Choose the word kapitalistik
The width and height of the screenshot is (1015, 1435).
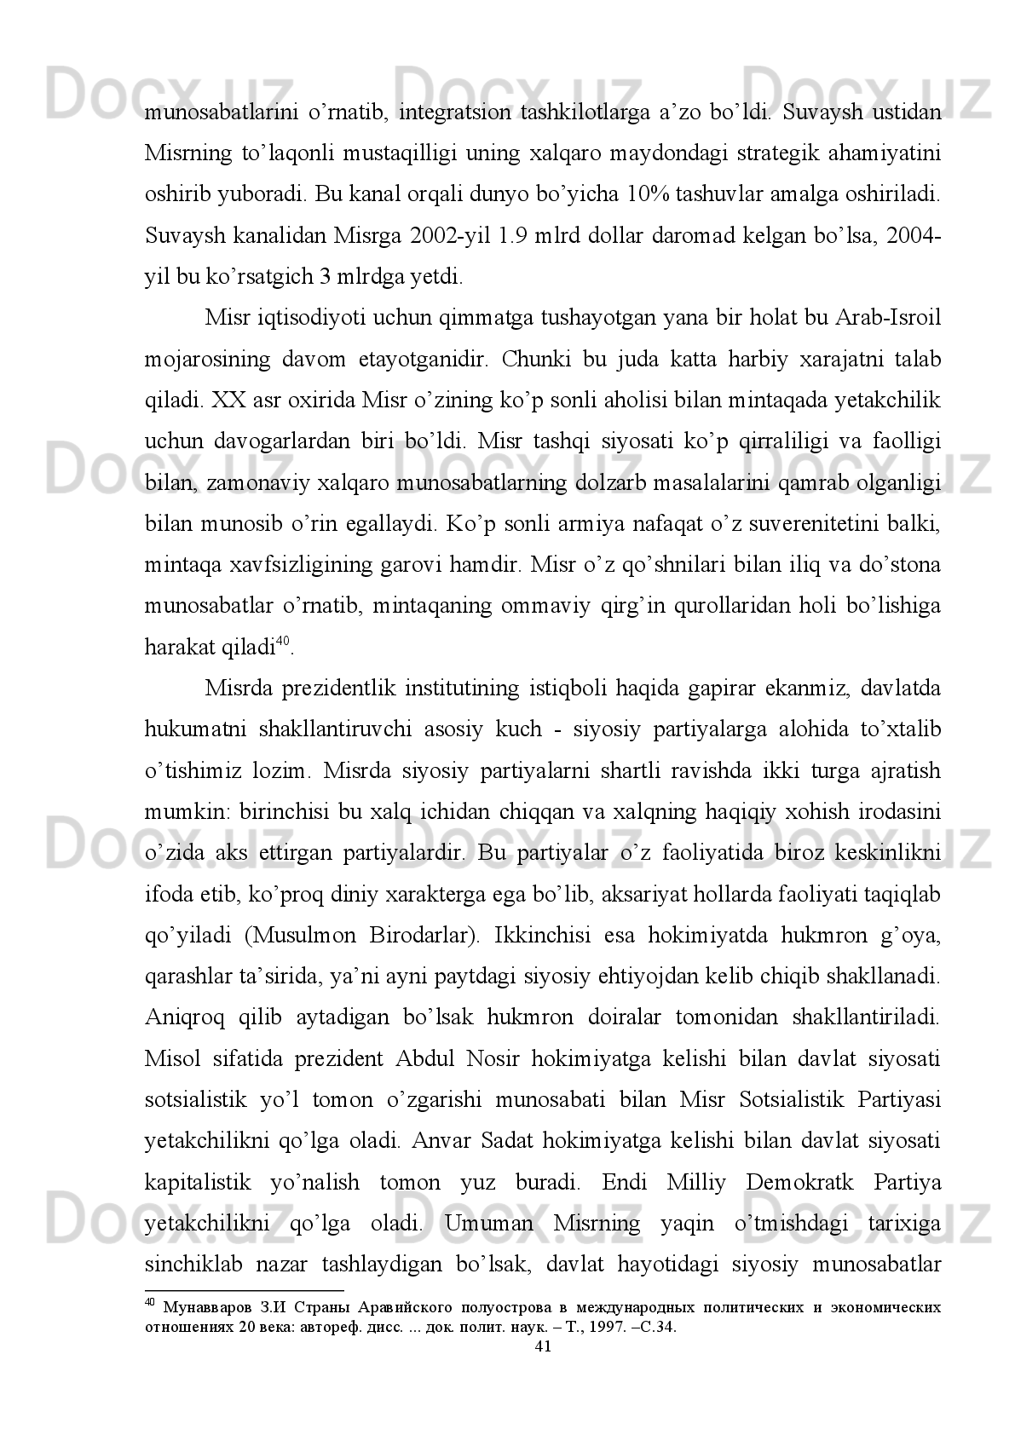click(198, 1183)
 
